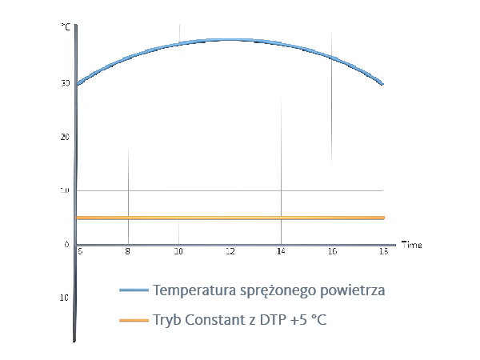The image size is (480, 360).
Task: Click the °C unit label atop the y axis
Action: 66,28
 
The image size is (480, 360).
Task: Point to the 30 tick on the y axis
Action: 65,83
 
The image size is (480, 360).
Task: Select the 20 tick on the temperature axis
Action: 65,137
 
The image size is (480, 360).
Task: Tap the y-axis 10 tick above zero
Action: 65,190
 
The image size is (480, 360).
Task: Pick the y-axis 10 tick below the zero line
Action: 65,298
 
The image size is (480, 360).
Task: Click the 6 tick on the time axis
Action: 79,251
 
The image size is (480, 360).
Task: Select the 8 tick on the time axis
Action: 128,251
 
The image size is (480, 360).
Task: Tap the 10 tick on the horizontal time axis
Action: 178,251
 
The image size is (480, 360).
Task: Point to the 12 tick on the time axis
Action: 230,251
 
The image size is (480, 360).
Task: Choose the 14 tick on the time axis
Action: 281,251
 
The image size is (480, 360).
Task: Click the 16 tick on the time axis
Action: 332,251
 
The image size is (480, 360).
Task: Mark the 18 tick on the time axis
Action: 383,251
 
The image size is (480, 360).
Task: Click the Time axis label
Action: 411,243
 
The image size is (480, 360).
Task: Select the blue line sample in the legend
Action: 134,290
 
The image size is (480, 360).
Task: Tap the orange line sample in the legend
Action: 134,320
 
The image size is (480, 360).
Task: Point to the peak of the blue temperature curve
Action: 230,39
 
